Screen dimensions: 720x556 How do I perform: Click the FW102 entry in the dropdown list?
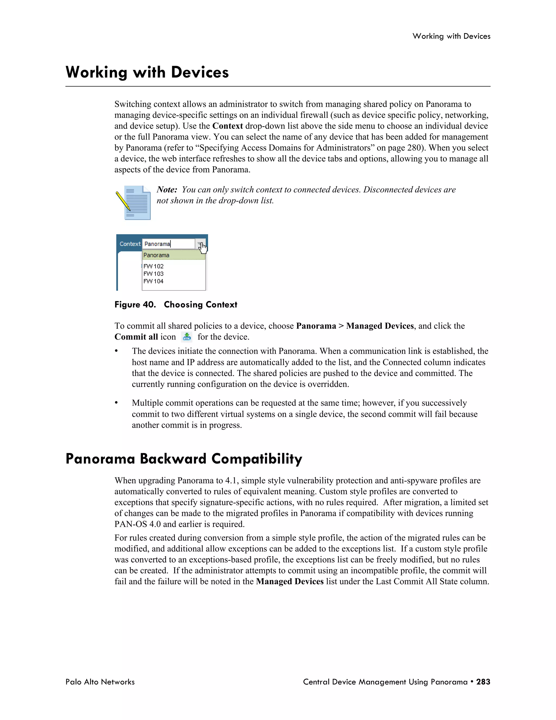pos(153,266)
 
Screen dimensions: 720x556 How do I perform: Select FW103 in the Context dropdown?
pos(153,274)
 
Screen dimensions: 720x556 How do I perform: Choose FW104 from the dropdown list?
pos(153,281)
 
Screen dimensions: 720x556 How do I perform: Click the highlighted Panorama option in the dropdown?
pos(156,255)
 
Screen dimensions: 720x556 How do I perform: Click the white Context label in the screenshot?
pos(130,244)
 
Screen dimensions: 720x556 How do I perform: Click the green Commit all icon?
pos(187,337)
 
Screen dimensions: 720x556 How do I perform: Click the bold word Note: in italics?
pos(167,190)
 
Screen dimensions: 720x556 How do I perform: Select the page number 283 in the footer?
pos(483,682)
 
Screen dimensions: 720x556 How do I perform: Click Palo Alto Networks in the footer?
pos(100,682)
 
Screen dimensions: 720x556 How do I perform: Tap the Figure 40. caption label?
pos(135,305)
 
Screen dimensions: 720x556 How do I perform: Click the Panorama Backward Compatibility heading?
pos(184,459)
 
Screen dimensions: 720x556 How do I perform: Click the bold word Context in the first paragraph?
pos(228,126)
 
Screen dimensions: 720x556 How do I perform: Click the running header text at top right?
pos(451,36)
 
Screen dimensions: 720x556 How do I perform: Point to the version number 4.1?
pos(232,480)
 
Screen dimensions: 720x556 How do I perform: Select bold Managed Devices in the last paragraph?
pos(290,581)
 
